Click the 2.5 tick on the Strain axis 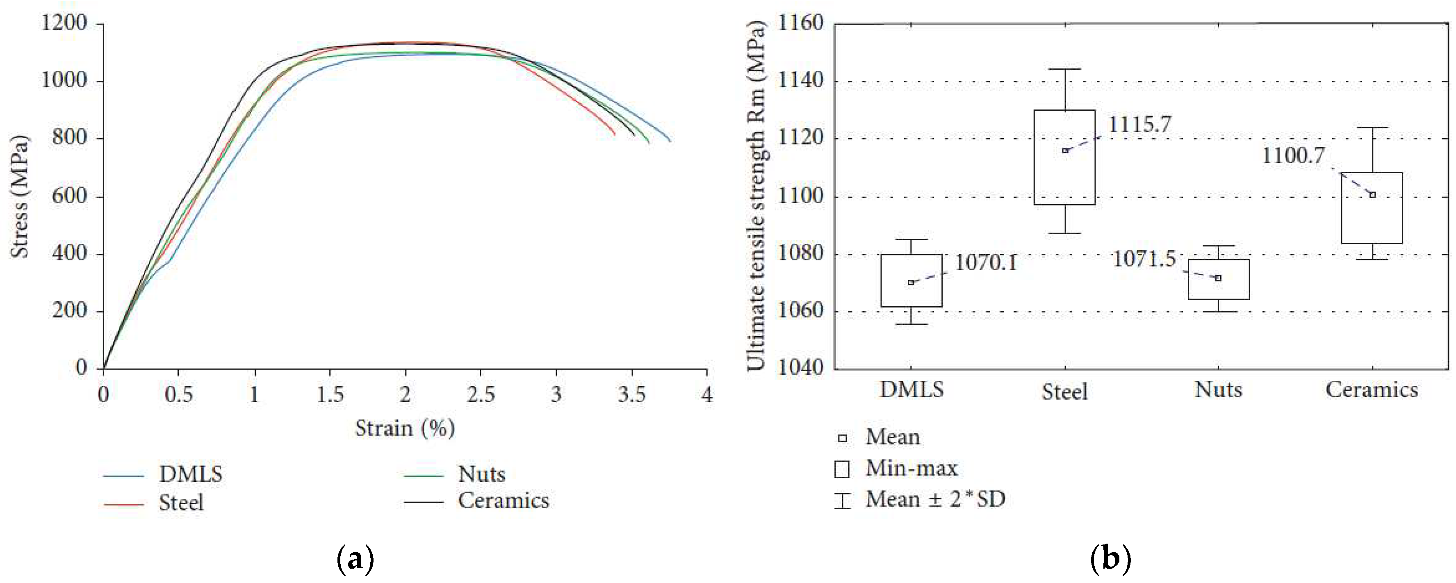481,394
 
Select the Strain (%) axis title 405,428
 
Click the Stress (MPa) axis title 20,196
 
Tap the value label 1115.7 1139,124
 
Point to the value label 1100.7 1293,155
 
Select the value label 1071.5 1144,259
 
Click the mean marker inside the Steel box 1065,150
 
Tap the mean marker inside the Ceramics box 1372,195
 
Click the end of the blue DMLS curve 670,141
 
